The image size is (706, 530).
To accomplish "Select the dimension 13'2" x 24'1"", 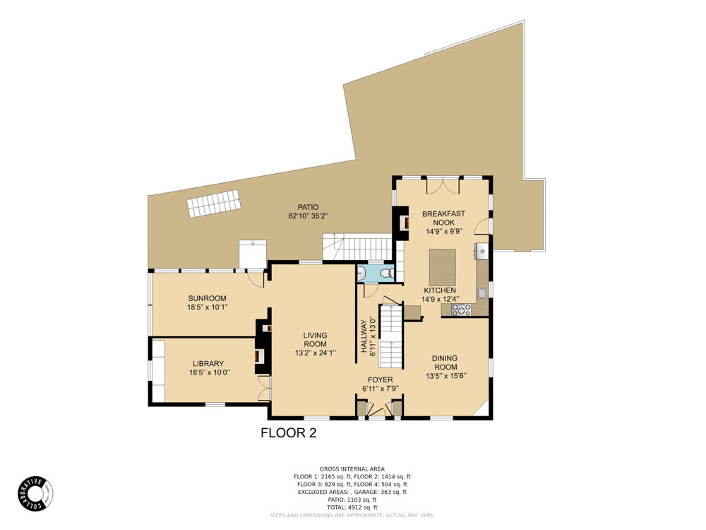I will click(x=315, y=353).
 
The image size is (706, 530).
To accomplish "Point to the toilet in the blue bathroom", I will click(x=385, y=273).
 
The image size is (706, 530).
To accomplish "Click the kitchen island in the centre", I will click(x=443, y=265).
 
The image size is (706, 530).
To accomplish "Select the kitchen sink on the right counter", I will click(x=482, y=292).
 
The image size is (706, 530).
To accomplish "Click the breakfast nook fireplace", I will click(x=403, y=223).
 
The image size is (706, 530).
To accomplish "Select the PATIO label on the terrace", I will click(x=308, y=207).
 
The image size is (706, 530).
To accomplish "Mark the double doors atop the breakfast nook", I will click(x=443, y=186).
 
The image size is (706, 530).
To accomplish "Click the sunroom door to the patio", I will click(x=256, y=279).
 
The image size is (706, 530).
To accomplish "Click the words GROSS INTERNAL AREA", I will click(x=352, y=469).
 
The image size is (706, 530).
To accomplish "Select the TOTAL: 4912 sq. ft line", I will click(x=352, y=507).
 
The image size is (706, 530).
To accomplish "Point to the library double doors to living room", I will click(x=264, y=388).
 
